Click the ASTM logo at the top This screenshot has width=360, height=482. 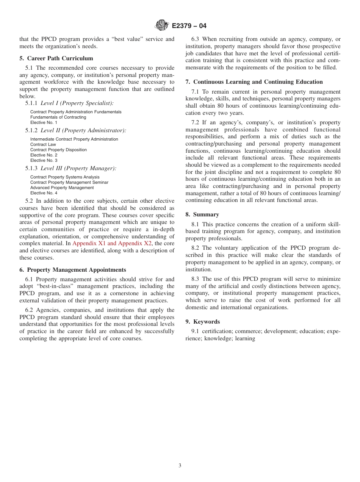click(x=162, y=26)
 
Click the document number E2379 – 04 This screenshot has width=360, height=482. click(x=189, y=26)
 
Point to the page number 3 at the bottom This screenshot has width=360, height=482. click(x=180, y=465)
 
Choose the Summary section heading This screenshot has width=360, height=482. click(x=202, y=214)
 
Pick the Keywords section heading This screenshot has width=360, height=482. click(x=203, y=322)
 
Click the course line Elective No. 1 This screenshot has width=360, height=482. click(x=44, y=123)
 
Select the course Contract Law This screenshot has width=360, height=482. click(x=43, y=144)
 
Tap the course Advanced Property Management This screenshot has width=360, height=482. click(x=62, y=188)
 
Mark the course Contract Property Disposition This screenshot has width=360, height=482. click(x=58, y=150)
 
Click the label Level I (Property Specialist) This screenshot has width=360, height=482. click(x=77, y=103)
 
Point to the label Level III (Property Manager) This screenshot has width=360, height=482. click(x=78, y=168)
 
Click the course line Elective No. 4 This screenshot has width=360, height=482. click(x=44, y=193)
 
